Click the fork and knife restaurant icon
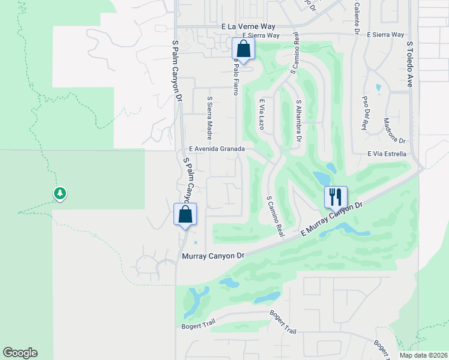[336, 196]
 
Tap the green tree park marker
[59, 194]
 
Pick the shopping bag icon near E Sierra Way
[243, 49]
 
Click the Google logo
[20, 353]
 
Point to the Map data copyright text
[423, 355]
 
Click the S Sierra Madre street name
[209, 118]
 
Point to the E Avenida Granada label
[217, 149]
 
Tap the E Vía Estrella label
[387, 154]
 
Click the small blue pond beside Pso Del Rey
[378, 88]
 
